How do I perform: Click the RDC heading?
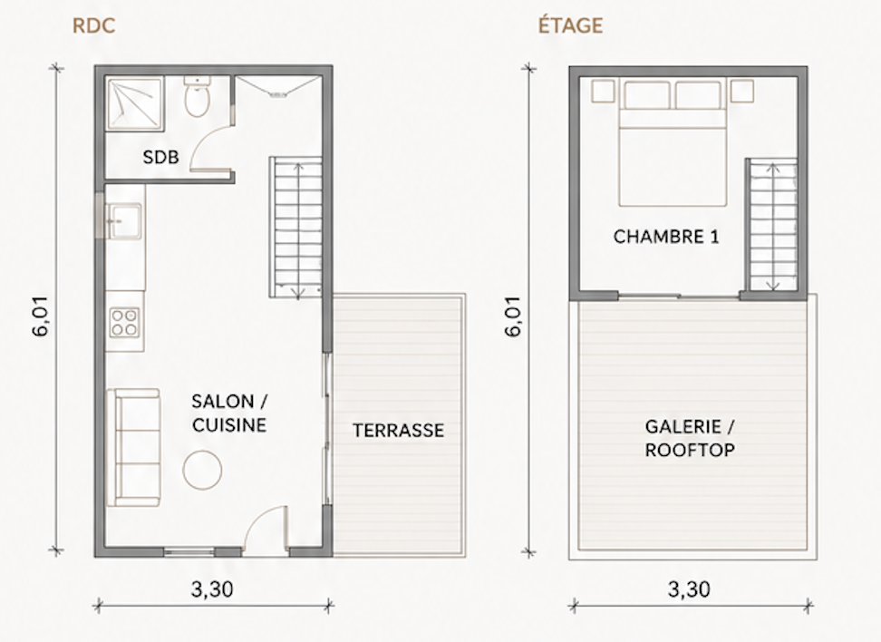[x=94, y=26]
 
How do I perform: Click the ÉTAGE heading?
[x=570, y=25]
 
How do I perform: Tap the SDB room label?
[x=160, y=158]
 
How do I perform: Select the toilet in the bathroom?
[x=198, y=97]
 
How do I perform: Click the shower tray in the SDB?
[x=135, y=104]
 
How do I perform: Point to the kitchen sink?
[x=123, y=221]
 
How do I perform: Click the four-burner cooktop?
[x=125, y=322]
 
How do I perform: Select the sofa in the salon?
[x=133, y=447]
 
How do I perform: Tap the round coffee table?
[x=202, y=470]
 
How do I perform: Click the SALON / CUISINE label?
[x=229, y=413]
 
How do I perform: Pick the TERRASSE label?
[x=399, y=431]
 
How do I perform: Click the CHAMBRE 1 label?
[x=666, y=237]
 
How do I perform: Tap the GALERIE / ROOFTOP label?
[x=690, y=439]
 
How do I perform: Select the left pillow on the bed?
[x=647, y=95]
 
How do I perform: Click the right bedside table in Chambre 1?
[x=741, y=91]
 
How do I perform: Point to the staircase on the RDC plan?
[x=296, y=227]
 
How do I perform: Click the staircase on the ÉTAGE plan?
[x=772, y=225]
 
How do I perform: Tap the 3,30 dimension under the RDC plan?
[x=212, y=589]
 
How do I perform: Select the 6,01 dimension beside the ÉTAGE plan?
[x=513, y=316]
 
